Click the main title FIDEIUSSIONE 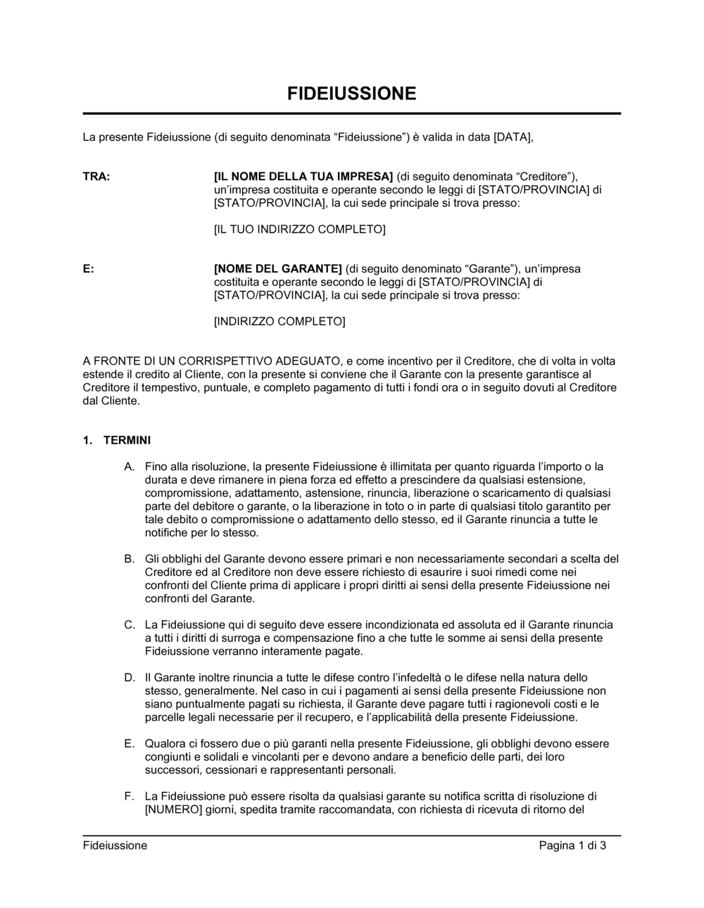(x=351, y=94)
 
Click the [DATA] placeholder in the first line (x=513, y=137)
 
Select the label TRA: (x=96, y=177)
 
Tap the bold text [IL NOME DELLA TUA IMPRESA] (x=303, y=177)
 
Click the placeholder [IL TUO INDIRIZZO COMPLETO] (x=299, y=229)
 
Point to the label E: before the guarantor (x=88, y=269)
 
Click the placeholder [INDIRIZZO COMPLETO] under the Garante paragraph (x=279, y=322)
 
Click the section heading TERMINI (x=127, y=441)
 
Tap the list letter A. (x=129, y=467)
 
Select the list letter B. (x=129, y=559)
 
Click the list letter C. (x=129, y=625)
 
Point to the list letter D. (x=129, y=678)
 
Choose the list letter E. (x=129, y=744)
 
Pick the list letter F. (x=129, y=797)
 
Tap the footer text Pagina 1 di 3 (x=572, y=846)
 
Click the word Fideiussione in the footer (x=115, y=846)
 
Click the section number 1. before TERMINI (x=87, y=441)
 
